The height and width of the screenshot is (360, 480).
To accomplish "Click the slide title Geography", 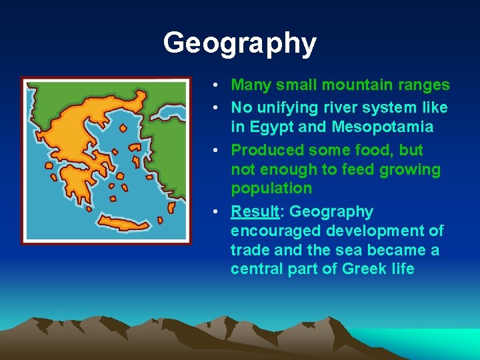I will point(239,43).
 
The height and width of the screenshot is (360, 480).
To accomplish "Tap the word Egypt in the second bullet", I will point(273,127).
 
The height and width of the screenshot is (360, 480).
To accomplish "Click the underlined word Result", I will point(255,212).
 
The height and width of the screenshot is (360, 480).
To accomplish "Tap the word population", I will point(271,188).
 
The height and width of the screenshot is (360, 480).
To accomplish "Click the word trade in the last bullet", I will point(249,250).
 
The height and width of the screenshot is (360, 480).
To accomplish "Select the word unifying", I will point(285,107).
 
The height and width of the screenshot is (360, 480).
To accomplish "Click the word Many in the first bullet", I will point(250,85).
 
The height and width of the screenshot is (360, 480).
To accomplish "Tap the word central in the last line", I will point(254,269).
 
